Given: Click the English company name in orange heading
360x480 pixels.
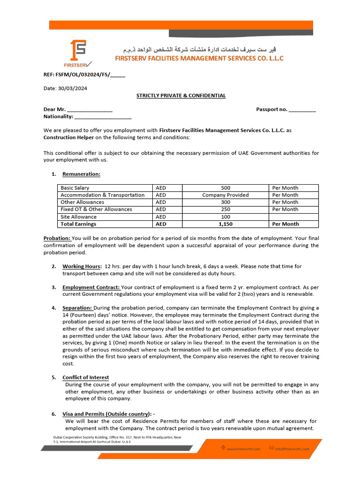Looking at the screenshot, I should pyautogui.click(x=199, y=59).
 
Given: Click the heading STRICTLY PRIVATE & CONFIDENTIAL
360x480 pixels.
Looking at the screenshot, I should pyautogui.click(x=181, y=96).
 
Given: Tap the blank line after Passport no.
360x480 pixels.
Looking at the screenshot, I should pyautogui.click(x=302, y=110).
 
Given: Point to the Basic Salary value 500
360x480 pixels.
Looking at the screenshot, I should pyautogui.click(x=225, y=188).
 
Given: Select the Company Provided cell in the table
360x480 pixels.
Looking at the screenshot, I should pyautogui.click(x=225, y=195).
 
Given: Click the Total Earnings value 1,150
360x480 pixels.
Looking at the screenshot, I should pyautogui.click(x=225, y=224).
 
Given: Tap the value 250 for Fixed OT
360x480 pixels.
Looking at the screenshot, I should pyautogui.click(x=225, y=210).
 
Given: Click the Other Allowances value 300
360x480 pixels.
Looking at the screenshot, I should pyautogui.click(x=225, y=202).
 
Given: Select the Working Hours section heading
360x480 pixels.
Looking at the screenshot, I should pyautogui.click(x=82, y=266).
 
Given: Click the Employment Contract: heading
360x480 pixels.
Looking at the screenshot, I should pyautogui.click(x=91, y=287).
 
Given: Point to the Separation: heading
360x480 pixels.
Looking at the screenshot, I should pyautogui.click(x=77, y=308).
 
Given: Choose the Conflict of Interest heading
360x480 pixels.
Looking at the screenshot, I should pyautogui.click(x=86, y=377).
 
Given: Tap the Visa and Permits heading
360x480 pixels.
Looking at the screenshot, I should pyautogui.click(x=107, y=414).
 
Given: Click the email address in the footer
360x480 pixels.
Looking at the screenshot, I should pyautogui.click(x=292, y=449).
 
